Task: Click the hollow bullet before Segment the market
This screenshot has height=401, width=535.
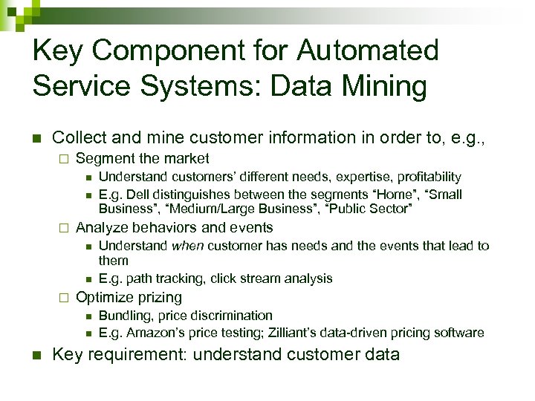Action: coord(64,159)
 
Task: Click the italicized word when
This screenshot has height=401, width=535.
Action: coord(187,246)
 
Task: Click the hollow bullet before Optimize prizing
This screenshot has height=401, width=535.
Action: coord(64,298)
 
